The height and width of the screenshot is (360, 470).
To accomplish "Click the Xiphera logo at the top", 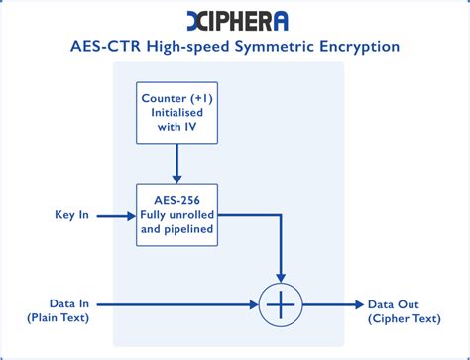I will pyautogui.click(x=234, y=20).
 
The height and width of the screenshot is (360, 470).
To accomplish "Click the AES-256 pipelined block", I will pyautogui.click(x=176, y=214).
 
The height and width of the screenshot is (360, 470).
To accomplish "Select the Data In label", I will pyautogui.click(x=56, y=303).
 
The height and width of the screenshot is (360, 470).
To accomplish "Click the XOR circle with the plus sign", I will pyautogui.click(x=282, y=304).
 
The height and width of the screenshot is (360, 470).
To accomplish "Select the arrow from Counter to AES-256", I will pyautogui.click(x=176, y=164).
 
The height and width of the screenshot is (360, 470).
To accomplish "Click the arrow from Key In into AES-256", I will pyautogui.click(x=114, y=214).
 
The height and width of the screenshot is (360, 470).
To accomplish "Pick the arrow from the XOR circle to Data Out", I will pyautogui.click(x=334, y=304).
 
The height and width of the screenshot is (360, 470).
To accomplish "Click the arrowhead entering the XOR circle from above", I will pyautogui.click(x=282, y=274).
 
